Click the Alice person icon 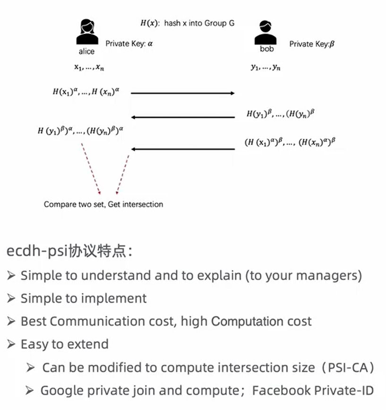(x=86, y=32)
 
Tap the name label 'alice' (x=86, y=52)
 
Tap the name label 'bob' (x=266, y=49)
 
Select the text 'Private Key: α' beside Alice (x=129, y=43)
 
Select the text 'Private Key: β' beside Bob (x=312, y=44)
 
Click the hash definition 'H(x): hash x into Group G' (x=187, y=23)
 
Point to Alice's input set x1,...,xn (x=89, y=67)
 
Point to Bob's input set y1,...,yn (x=266, y=67)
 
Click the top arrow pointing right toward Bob (x=182, y=93)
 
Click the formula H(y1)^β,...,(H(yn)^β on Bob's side (x=281, y=114)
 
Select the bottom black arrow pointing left (x=182, y=149)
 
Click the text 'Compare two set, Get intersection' (x=103, y=204)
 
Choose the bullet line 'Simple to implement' (x=84, y=298)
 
